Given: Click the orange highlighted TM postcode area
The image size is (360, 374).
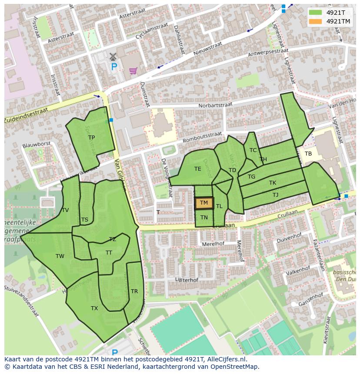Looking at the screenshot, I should [x=204, y=203].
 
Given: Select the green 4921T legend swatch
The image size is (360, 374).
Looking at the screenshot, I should [x=316, y=13].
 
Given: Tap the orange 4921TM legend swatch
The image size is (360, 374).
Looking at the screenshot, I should [x=316, y=21].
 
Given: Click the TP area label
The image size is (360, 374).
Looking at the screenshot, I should [x=91, y=138].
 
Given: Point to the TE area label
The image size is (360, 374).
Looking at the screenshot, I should [x=198, y=169].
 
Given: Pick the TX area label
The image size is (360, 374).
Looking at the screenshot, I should [x=94, y=308].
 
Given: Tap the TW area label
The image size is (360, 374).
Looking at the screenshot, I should [x=60, y=256].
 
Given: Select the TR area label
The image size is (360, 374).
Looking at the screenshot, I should [x=134, y=291].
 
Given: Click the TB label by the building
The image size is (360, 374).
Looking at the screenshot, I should [x=308, y=154].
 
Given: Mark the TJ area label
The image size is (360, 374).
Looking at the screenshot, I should [x=275, y=195].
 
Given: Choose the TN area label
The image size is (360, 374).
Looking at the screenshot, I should [x=204, y=218].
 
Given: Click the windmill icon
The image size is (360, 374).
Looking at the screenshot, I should [x=113, y=56].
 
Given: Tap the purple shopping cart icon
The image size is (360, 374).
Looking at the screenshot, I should [x=133, y=70].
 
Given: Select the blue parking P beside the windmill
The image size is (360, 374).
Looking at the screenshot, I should [x=114, y=67].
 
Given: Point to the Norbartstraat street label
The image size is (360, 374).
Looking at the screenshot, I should [x=215, y=105].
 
